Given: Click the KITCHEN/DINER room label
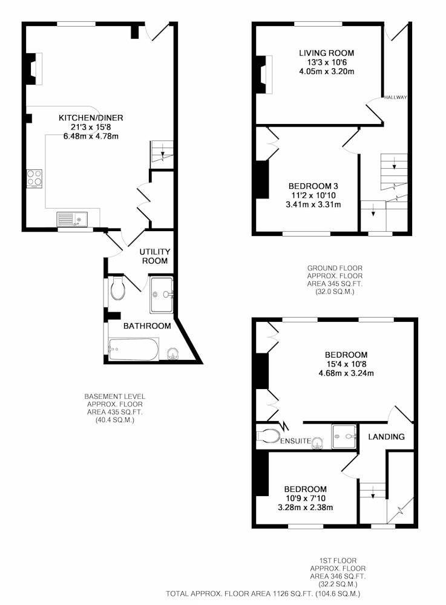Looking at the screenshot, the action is point(91,118).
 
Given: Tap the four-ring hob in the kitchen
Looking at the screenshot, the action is point(34,178).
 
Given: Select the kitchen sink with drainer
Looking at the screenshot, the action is point(72,219).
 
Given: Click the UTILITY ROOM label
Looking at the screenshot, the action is point(155,256).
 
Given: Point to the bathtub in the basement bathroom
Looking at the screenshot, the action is point(134,349).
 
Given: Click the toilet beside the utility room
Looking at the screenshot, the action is point(117,287).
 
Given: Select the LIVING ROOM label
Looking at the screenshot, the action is point(327,53).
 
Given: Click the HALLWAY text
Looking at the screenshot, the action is point(395,97).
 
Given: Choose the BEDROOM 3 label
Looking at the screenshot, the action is point(313,186).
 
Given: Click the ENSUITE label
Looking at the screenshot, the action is point(295,440).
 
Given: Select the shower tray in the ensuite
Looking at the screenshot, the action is point(344,436).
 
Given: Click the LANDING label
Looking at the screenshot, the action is point(386,437).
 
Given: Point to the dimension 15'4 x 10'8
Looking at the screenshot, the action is point(346,364).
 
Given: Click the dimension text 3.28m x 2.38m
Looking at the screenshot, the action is point(305,508).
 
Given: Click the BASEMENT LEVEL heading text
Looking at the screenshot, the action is point(115,396).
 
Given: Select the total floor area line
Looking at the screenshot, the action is point(263,594).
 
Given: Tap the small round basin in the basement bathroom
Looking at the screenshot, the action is point(173,353).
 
